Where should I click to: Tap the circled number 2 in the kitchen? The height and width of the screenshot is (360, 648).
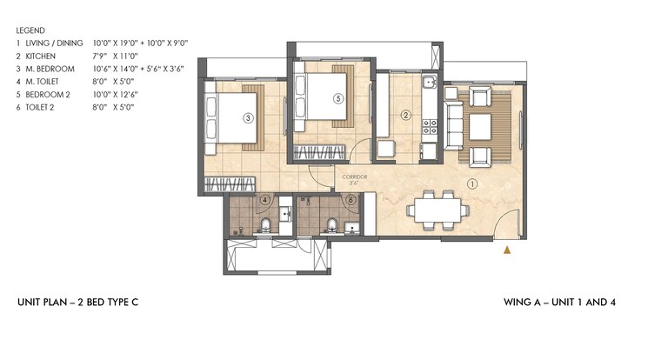405,115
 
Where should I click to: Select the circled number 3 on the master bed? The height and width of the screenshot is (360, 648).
248,118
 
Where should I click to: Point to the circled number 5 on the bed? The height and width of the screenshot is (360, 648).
337,98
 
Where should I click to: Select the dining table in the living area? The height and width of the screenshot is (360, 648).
438,210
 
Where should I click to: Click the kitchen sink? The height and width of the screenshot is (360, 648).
428,85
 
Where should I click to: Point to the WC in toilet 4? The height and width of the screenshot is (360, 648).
265,227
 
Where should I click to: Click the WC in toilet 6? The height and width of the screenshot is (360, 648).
331,227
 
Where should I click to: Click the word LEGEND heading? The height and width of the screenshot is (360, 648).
31,29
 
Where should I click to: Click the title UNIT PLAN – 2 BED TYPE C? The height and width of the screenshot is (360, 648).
77,303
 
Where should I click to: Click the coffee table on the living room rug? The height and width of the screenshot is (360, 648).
481,126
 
